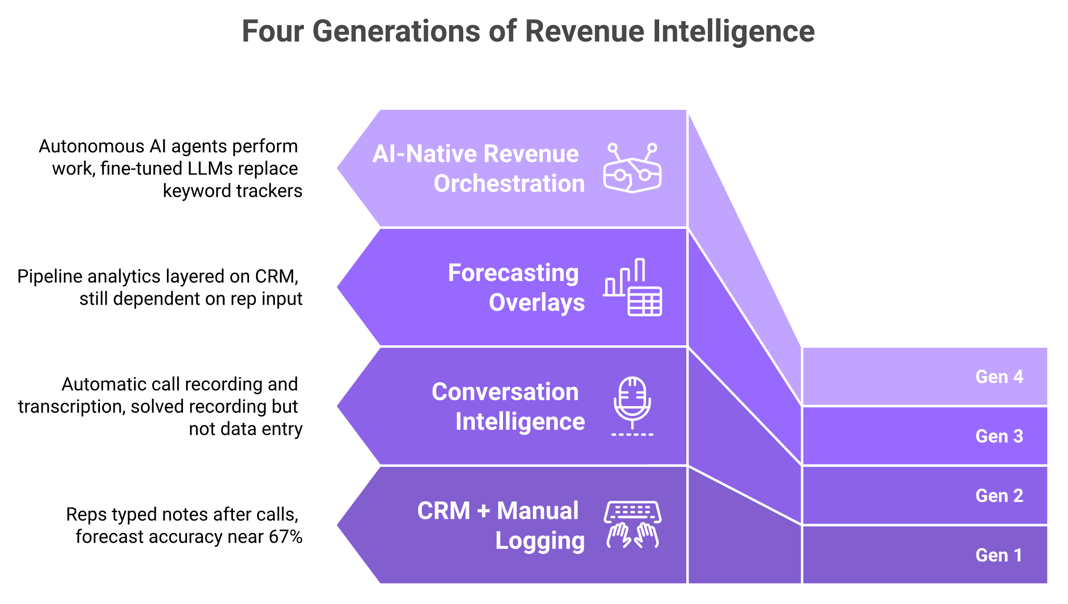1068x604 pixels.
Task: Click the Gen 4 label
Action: tap(999, 377)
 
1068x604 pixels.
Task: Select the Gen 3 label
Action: tap(999, 436)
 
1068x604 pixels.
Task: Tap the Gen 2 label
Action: tap(999, 495)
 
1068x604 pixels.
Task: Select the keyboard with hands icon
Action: tap(632, 524)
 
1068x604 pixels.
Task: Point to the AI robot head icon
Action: tap(632, 168)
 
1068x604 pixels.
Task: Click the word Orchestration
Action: tap(509, 184)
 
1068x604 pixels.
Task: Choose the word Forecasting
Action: tap(513, 273)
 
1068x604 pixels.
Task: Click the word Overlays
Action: tap(536, 302)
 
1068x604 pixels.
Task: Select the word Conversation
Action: tap(505, 392)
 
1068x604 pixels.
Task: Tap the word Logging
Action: tap(540, 541)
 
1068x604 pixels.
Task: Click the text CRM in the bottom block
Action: tap(443, 511)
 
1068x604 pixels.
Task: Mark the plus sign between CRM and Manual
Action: tap(483, 511)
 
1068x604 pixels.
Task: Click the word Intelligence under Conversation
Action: tap(520, 422)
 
